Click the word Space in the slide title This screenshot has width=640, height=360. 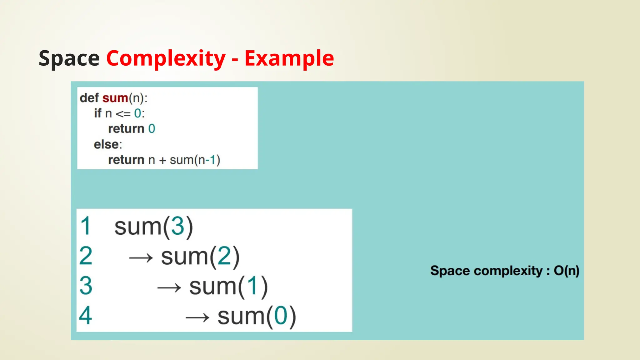69,58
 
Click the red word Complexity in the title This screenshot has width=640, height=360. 166,58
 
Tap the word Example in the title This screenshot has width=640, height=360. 289,58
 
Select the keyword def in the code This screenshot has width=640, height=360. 89,98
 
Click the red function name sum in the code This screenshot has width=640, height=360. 115,98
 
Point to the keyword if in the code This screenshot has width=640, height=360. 98,113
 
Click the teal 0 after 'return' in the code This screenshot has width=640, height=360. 152,129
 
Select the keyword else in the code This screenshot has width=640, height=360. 106,144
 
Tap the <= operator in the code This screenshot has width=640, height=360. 123,114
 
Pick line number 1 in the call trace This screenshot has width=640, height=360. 85,226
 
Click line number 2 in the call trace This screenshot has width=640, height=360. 86,256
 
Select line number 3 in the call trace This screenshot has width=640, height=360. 86,286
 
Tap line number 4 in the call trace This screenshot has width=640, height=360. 86,315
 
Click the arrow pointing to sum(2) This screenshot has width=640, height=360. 141,258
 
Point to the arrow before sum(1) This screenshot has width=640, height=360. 169,287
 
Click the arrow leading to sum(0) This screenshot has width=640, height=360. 197,318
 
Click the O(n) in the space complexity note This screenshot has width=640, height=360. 567,271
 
